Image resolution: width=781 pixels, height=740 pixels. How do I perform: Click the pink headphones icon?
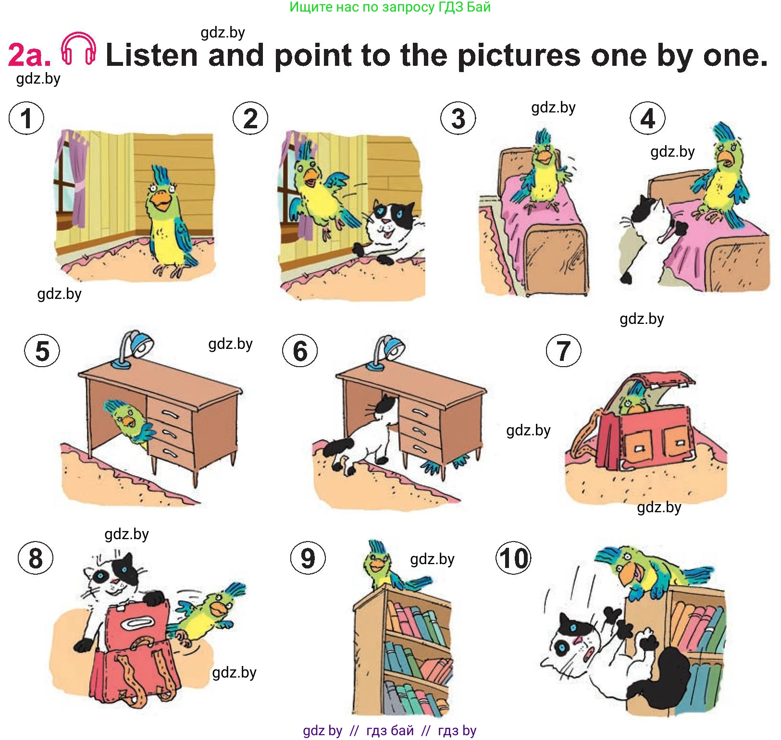(x=78, y=49)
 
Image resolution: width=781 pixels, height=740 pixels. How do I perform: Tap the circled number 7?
(x=563, y=351)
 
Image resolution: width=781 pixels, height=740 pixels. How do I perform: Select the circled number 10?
(x=513, y=558)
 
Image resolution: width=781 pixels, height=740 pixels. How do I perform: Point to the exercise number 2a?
(x=29, y=55)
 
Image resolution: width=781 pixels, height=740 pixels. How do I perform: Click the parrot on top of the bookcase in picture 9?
(x=389, y=567)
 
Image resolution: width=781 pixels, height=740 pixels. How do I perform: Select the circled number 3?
(x=458, y=118)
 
